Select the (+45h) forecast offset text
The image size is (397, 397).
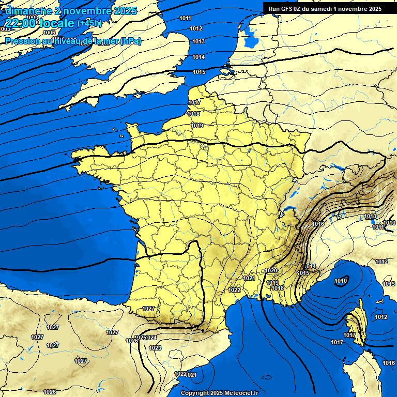(90, 23)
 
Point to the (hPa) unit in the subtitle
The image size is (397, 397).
(130, 41)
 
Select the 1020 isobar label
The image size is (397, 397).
(271, 270)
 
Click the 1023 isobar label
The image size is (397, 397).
(155, 348)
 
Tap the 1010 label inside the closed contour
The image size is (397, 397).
(341, 281)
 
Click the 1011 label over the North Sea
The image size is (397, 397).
(185, 19)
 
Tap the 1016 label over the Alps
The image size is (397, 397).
(318, 224)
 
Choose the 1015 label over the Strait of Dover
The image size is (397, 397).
(199, 72)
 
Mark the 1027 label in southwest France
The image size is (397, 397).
(148, 309)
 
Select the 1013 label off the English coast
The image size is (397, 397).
(198, 41)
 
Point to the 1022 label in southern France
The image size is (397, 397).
(234, 289)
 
